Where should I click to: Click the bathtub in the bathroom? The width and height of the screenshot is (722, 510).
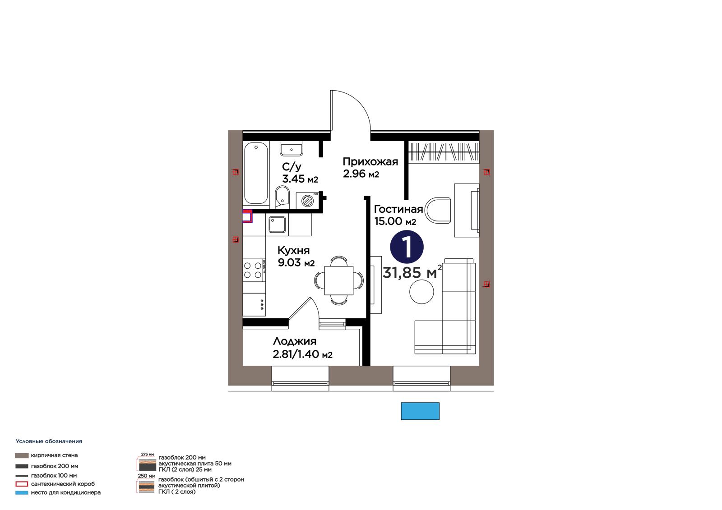[256, 173]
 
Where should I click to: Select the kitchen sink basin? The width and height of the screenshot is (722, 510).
[277, 225]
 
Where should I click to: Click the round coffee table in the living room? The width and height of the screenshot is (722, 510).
[421, 292]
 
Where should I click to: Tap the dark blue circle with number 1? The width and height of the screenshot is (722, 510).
[407, 248]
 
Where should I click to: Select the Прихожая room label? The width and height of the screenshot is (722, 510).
[370, 161]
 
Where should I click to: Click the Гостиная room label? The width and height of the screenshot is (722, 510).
[398, 209]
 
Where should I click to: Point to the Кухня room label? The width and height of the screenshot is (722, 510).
[294, 250]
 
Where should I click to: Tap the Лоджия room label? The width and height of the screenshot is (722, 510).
[295, 341]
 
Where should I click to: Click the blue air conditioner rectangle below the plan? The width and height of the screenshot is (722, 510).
[420, 411]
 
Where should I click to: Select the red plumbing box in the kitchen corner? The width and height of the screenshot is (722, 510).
[247, 216]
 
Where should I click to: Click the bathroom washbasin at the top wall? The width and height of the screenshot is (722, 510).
[292, 149]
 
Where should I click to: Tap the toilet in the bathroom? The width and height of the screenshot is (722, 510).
[282, 197]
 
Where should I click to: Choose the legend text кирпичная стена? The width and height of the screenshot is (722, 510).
[54, 455]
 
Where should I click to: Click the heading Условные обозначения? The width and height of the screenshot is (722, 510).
[49, 441]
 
